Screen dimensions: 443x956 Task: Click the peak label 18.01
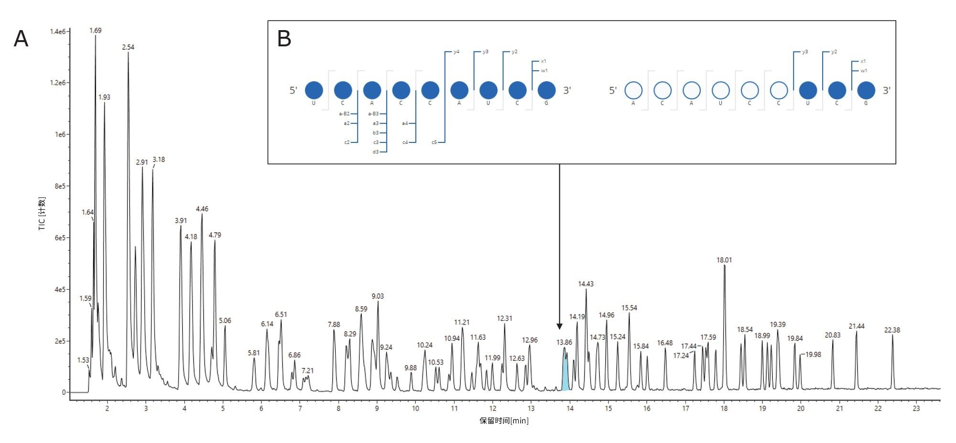[724, 260]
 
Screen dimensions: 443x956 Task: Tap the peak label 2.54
[128, 47]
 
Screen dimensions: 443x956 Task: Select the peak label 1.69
[96, 31]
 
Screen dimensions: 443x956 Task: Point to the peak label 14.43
[586, 284]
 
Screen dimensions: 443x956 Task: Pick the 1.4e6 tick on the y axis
[58, 32]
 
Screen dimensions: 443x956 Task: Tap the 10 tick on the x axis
[415, 408]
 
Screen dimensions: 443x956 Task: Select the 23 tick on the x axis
[916, 408]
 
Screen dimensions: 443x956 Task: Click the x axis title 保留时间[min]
[504, 421]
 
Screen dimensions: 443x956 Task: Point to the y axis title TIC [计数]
[42, 214]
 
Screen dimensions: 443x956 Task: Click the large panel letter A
[21, 39]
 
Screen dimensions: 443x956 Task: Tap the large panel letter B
[284, 39]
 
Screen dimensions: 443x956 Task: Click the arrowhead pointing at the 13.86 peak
[559, 326]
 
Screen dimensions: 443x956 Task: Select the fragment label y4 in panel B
[456, 52]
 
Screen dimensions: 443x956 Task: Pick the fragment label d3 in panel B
[376, 152]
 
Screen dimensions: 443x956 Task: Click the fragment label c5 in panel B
[434, 142]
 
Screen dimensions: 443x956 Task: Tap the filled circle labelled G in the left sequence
[546, 90]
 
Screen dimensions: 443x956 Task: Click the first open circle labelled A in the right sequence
[633, 90]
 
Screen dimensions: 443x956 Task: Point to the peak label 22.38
[892, 330]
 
